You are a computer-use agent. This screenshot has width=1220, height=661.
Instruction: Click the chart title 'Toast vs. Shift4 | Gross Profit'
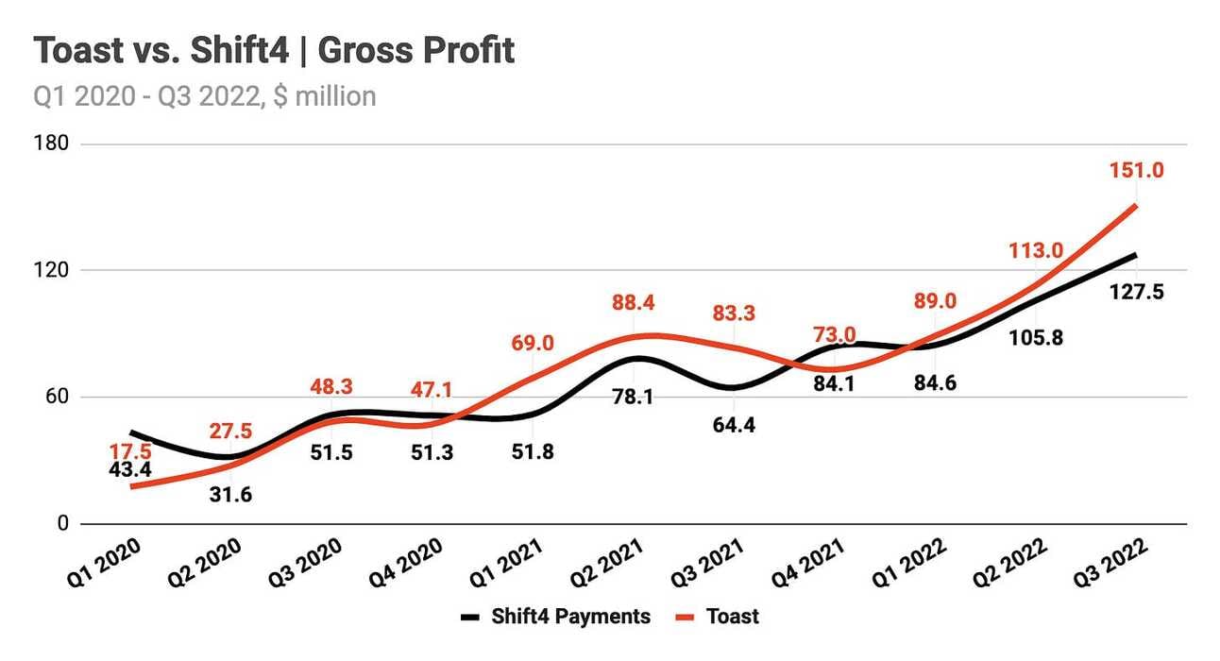[275, 50]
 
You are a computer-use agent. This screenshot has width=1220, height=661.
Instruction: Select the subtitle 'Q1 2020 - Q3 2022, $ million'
[205, 95]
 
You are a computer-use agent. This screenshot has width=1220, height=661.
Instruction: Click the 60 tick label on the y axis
[56, 397]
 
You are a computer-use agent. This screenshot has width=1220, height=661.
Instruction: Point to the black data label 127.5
[1136, 292]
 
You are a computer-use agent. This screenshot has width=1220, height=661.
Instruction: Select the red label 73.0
[835, 333]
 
